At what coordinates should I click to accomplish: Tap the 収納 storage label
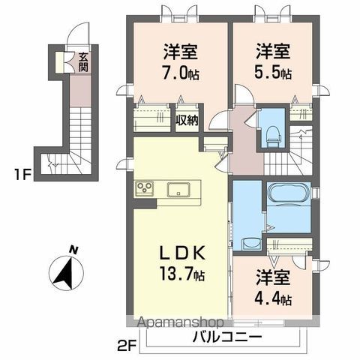click(187, 120)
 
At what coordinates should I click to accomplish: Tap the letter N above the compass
click(72, 250)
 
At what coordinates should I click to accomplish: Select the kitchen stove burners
click(144, 187)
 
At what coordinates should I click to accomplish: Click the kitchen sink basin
click(180, 187)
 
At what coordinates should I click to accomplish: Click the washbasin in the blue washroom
click(248, 243)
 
